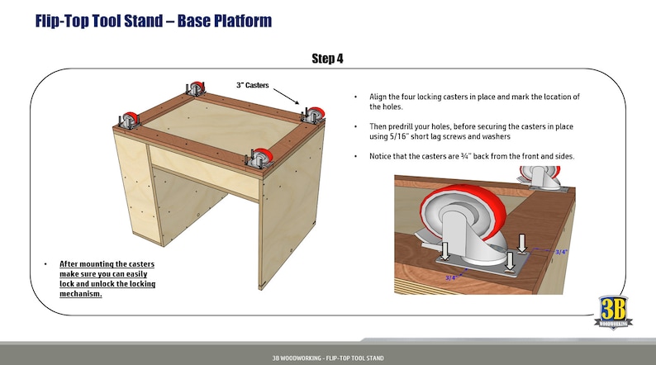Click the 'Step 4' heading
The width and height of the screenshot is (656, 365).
328,58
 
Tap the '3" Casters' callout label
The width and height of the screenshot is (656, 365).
252,85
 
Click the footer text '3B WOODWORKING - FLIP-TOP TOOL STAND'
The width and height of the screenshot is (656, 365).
328,358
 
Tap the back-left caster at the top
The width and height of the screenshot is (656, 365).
196,88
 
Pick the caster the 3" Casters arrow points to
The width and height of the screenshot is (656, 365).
314,115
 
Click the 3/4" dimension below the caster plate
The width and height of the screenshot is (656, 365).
451,278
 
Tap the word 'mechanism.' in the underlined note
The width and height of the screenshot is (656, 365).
80,294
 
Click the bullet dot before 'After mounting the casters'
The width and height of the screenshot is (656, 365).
45,264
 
